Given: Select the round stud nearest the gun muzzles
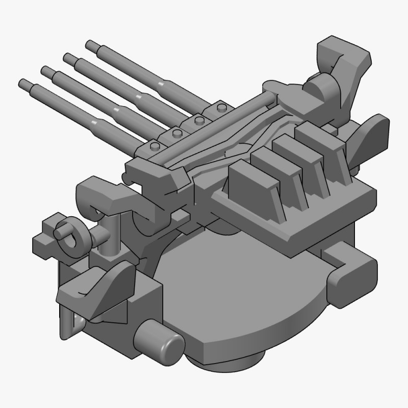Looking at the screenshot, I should coord(154,148).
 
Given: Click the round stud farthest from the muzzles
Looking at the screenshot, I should coord(221,109).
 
